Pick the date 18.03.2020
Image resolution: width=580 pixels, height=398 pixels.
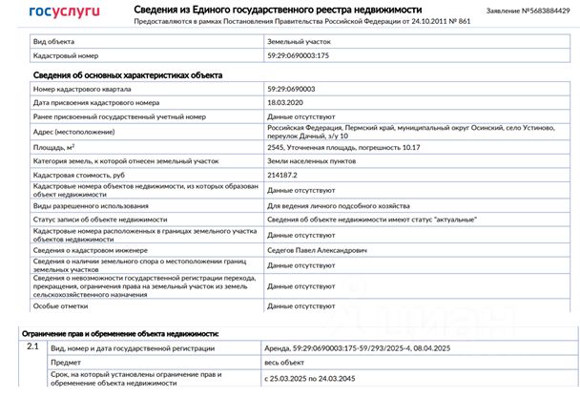[x=287, y=101]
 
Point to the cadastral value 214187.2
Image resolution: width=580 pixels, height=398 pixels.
[x=284, y=177]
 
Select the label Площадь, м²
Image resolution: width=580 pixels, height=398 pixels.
[x=54, y=149]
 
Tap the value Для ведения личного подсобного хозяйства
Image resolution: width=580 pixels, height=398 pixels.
[x=339, y=205]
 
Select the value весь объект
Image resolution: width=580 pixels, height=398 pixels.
[x=288, y=363]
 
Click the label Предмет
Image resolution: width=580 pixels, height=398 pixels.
[x=66, y=363]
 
